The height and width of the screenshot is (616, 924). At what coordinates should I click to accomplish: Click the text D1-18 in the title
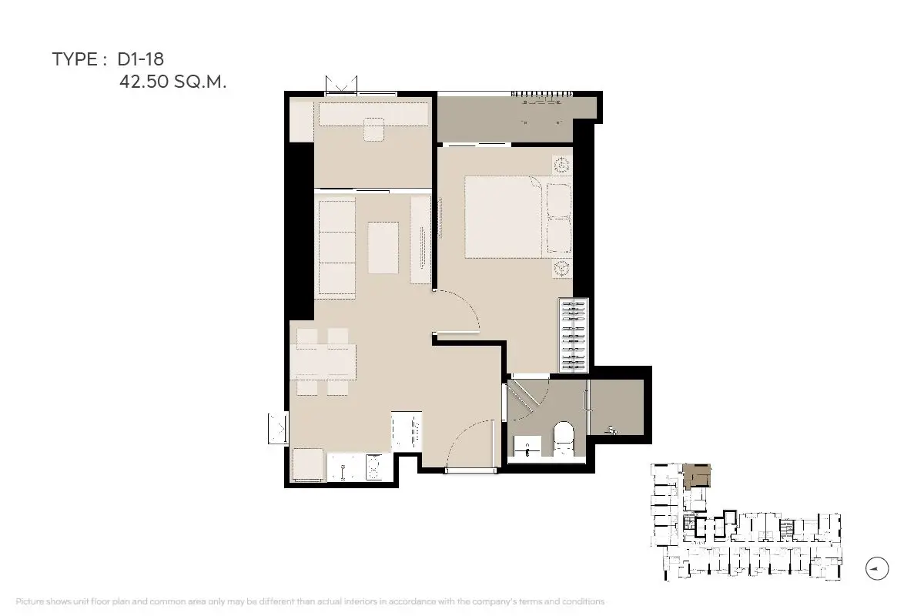click(141, 59)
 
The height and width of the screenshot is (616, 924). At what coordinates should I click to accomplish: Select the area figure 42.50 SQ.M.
click(172, 82)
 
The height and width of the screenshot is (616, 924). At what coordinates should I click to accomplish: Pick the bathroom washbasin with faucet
click(527, 447)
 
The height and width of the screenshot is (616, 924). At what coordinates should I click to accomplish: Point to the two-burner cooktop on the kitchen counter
click(374, 467)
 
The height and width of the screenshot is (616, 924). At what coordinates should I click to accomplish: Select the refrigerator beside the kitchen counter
click(308, 464)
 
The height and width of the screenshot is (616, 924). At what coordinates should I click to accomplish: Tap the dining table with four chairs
click(323, 362)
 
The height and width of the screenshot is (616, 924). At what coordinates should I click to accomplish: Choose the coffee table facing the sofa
click(383, 248)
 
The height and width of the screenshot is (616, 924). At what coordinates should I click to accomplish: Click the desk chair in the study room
click(373, 129)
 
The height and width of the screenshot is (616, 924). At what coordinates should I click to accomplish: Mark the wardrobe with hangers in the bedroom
click(574, 335)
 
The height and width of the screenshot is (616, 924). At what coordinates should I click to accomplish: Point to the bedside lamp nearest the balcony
click(562, 166)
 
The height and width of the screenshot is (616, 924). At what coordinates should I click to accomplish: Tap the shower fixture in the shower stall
click(612, 430)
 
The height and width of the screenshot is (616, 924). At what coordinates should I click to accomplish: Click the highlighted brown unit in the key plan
click(697, 476)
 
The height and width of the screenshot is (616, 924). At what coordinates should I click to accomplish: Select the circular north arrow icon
click(877, 568)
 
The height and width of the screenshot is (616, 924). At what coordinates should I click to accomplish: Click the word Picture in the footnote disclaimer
click(30, 601)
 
